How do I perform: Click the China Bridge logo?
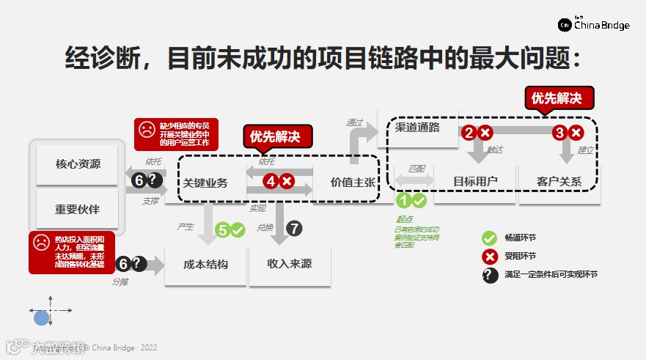[594, 24]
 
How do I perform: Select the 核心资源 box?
[78, 164]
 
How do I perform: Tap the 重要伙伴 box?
[78, 209]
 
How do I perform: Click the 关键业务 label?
[206, 183]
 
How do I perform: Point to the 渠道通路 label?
[417, 127]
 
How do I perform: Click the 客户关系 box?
[559, 181]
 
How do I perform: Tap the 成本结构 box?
[206, 264]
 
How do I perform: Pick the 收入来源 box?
[290, 264]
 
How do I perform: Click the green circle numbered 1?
[403, 199]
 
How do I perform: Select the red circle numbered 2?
[469, 133]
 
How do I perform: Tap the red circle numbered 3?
[559, 133]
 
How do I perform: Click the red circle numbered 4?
[271, 180]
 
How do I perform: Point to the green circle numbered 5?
[223, 229]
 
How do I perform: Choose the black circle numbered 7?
[294, 228]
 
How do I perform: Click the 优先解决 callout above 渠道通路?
[560, 98]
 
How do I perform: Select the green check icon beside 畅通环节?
[489, 238]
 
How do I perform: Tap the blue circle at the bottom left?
[41, 318]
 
